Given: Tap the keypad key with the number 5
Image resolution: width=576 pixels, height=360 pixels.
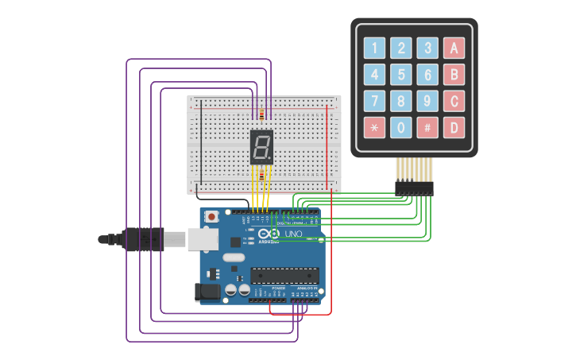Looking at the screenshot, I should tap(401, 75).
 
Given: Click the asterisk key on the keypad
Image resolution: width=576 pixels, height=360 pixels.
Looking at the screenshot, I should tap(375, 127).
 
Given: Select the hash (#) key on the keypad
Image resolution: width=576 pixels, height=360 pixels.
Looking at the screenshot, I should tap(427, 127).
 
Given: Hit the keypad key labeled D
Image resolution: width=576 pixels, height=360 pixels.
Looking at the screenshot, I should tap(454, 127).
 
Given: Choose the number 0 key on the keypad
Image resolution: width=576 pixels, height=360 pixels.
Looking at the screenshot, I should tap(401, 127).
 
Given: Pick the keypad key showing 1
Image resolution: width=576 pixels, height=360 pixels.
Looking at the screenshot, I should tap(375, 48).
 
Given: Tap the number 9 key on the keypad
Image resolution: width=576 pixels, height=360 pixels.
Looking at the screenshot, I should tap(427, 101).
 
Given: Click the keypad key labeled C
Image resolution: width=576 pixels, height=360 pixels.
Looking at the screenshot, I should tap(454, 101).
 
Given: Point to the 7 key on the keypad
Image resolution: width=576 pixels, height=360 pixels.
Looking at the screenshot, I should tap(375, 101).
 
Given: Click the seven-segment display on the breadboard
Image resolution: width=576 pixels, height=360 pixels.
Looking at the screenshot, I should tap(261, 147).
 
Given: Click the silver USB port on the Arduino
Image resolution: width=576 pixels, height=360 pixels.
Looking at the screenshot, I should tap(203, 238).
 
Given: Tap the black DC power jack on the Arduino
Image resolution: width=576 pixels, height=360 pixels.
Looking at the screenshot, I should tap(207, 292).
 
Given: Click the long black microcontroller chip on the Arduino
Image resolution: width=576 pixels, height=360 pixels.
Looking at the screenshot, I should tap(284, 276).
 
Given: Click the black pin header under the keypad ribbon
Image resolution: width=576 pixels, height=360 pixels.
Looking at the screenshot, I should tap(414, 188).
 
